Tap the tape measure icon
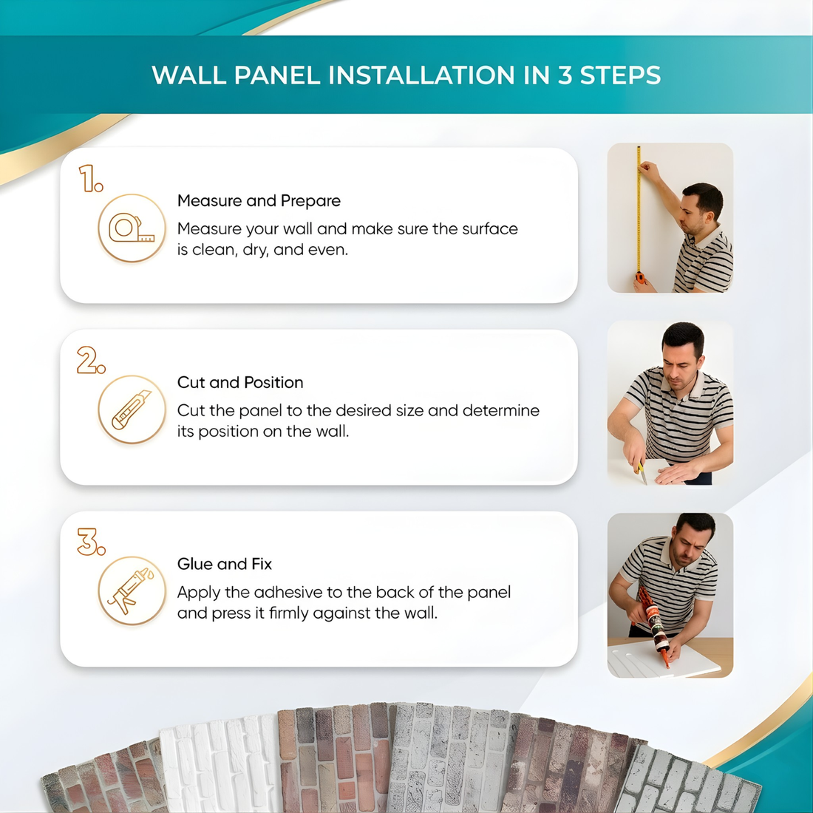coord(132,228)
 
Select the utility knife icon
coord(132,410)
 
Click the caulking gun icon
coord(132,591)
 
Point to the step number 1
coord(91,179)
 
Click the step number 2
coord(91,361)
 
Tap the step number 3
coord(91,542)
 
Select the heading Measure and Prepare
coord(259,201)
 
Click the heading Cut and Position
coord(240,383)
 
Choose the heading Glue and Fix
coord(225,565)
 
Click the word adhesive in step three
coord(288,593)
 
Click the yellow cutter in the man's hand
coord(642,471)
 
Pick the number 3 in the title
coord(565,75)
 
